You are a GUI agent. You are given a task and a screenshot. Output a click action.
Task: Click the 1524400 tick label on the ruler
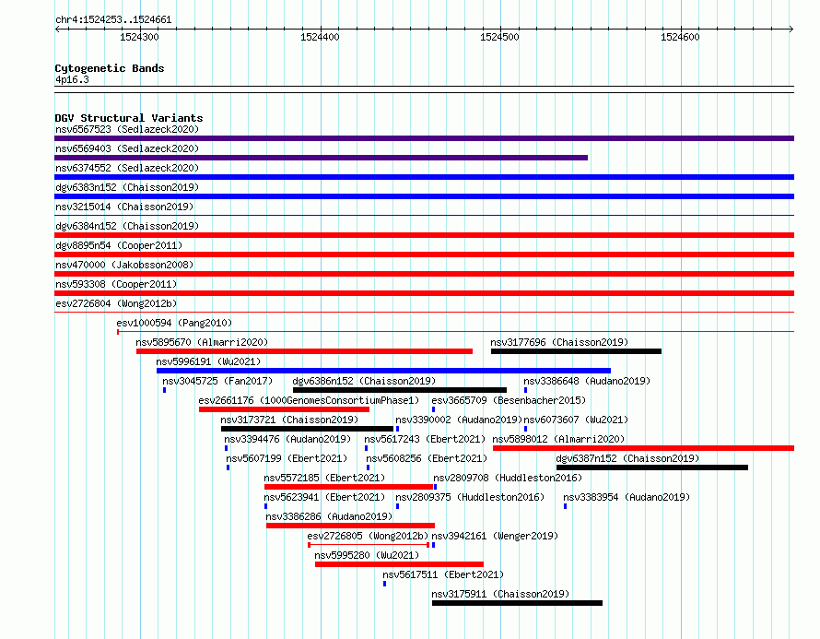[320, 37]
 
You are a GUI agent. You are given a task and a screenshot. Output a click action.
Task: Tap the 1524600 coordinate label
[680, 37]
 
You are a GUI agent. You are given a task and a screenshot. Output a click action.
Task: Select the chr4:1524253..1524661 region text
[113, 20]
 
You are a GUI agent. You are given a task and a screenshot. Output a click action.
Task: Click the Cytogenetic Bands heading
[110, 68]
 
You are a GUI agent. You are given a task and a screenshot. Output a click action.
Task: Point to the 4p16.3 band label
[72, 79]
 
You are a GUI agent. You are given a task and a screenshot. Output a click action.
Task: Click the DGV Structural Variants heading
[129, 118]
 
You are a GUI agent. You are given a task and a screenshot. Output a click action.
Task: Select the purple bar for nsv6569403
[322, 158]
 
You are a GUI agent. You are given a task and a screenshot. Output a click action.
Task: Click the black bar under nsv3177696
[576, 351]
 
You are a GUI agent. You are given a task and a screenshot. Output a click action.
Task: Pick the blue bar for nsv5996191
[383, 371]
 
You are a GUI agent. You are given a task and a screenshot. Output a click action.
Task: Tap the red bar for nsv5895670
[304, 351]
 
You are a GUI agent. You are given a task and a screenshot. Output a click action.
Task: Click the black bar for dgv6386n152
[400, 390]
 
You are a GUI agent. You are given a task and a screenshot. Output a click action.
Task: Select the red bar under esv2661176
[284, 409]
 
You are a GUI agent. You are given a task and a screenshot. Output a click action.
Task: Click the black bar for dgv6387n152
[652, 467]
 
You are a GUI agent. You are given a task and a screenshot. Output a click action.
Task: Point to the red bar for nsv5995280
[399, 564]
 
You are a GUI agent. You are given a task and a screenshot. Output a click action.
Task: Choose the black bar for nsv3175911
[517, 603]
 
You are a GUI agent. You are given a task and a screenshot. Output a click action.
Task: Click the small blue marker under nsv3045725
[165, 390]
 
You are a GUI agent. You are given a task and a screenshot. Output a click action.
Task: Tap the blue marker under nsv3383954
[566, 506]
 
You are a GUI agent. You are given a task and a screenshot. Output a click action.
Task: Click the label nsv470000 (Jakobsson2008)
[124, 265]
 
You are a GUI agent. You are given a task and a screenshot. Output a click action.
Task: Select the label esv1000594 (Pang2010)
[174, 323]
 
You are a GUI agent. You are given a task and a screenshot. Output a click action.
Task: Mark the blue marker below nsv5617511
[385, 584]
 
